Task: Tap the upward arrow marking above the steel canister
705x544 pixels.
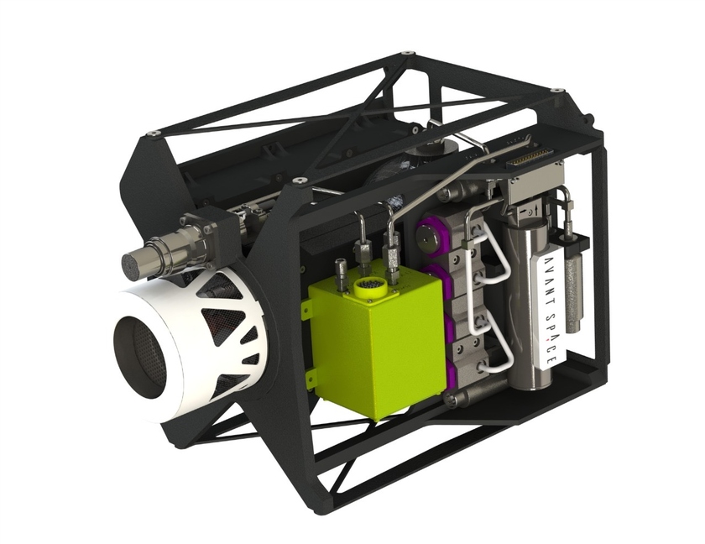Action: coord(535,209)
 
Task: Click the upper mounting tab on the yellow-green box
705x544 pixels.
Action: coord(305,307)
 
